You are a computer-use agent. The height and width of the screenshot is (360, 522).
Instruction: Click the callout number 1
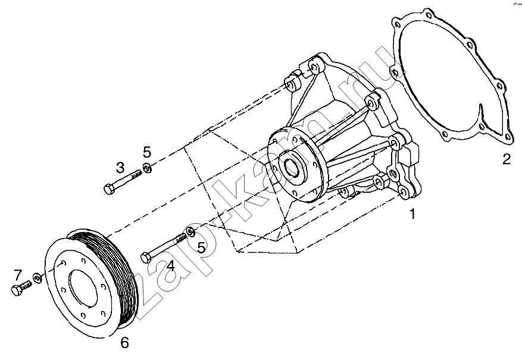pyautogui.click(x=412, y=214)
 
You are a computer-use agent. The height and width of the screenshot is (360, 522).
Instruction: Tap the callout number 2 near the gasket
pyautogui.click(x=507, y=159)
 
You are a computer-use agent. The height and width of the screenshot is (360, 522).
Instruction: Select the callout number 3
pyautogui.click(x=120, y=168)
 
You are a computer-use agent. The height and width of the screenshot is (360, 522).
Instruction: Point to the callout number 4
pyautogui.click(x=171, y=266)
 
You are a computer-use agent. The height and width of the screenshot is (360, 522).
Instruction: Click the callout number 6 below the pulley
pyautogui.click(x=124, y=342)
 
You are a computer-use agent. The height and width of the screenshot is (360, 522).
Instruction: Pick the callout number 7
pyautogui.click(x=18, y=275)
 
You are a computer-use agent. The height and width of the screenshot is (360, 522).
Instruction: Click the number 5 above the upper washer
pyautogui.click(x=147, y=152)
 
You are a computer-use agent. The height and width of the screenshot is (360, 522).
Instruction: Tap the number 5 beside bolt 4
pyautogui.click(x=201, y=247)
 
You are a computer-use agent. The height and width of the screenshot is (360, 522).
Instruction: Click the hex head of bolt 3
pyautogui.click(x=109, y=189)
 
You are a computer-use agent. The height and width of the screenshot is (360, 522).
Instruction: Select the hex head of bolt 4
pyautogui.click(x=146, y=258)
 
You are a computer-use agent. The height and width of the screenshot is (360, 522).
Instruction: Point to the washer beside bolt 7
pyautogui.click(x=37, y=277)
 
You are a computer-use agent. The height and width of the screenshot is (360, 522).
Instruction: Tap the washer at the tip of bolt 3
pyautogui.click(x=147, y=167)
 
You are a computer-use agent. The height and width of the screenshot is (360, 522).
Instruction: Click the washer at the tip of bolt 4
pyautogui.click(x=190, y=231)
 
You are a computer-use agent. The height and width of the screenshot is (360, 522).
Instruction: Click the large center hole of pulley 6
pyautogui.click(x=83, y=286)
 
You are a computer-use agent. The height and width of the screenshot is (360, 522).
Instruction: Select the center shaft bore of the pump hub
pyautogui.click(x=293, y=165)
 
